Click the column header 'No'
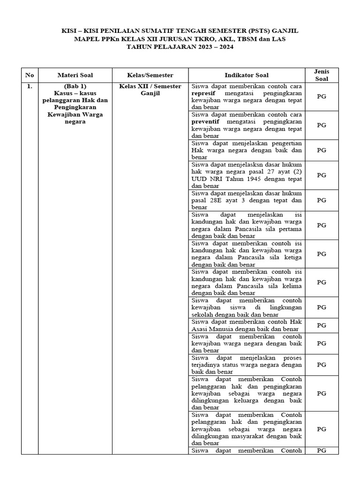(x=30, y=75)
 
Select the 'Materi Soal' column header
(x=75, y=75)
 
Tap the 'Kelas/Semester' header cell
(x=150, y=75)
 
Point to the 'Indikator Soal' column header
(x=247, y=75)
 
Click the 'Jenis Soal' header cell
(x=322, y=75)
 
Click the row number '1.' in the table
(x=30, y=86)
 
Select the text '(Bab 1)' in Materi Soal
(x=75, y=86)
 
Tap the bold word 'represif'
(x=203, y=93)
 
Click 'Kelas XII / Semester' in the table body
(x=150, y=86)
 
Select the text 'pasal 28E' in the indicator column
(x=206, y=200)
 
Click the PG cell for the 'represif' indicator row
(x=322, y=97)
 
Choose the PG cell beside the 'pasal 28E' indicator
(x=322, y=200)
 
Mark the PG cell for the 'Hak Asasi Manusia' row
(x=322, y=325)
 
